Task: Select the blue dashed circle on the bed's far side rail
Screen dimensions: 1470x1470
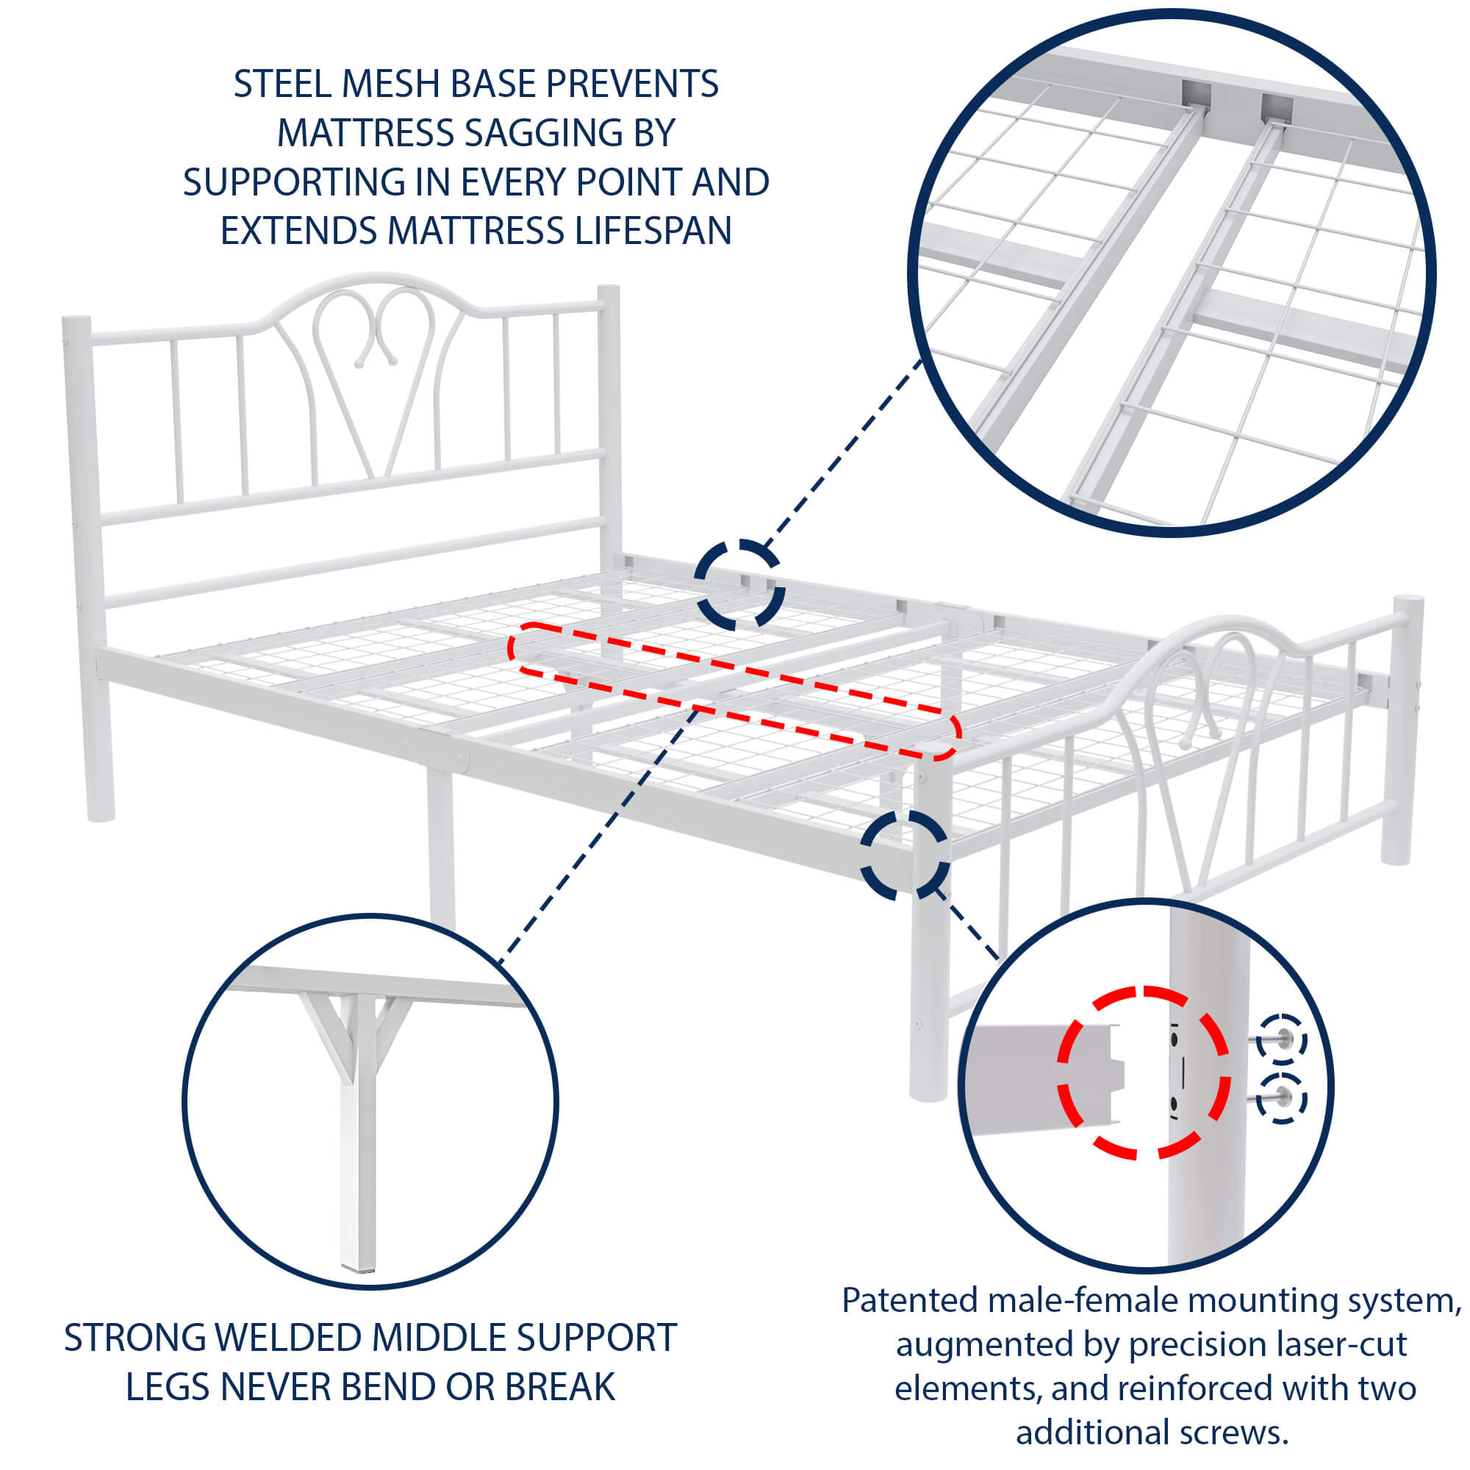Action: [739, 584]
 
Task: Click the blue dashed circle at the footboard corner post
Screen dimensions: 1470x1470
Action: [905, 853]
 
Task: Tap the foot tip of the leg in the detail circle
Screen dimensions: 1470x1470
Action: [358, 1266]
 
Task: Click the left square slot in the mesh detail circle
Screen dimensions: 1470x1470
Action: [1195, 95]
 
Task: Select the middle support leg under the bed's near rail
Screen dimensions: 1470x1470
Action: [440, 845]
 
